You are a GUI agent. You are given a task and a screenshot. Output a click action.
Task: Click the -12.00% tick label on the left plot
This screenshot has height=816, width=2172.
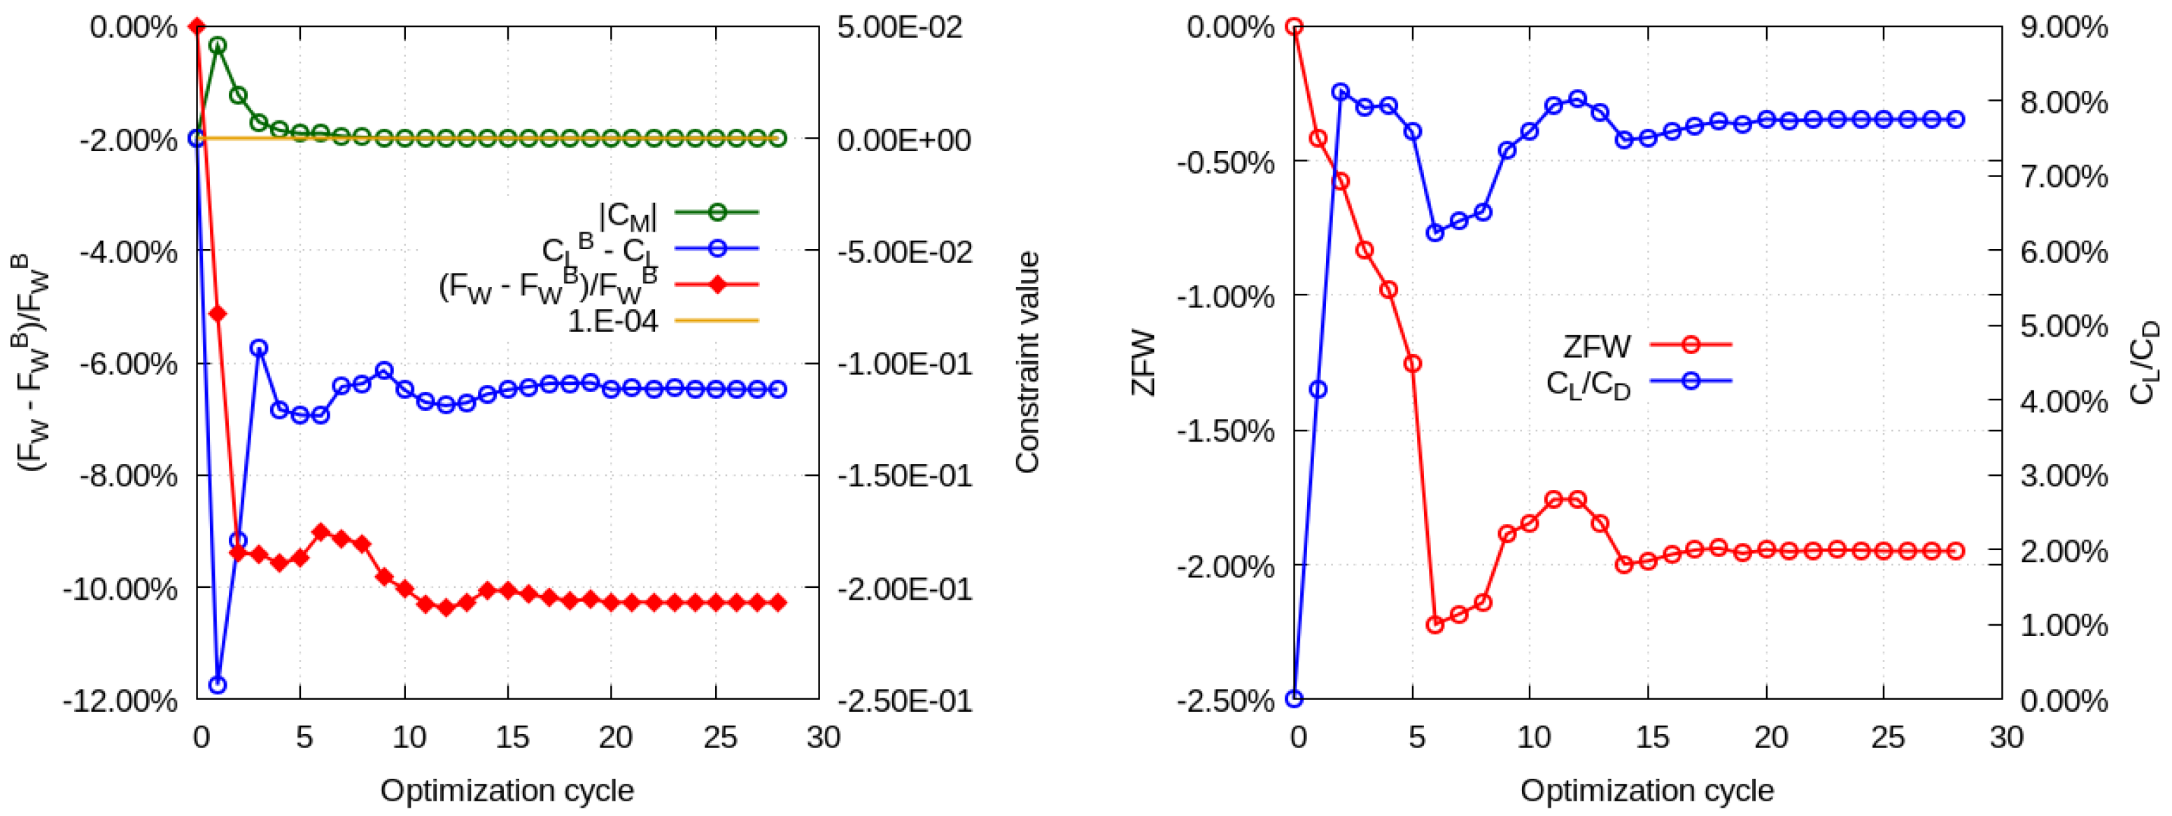pyautogui.click(x=120, y=701)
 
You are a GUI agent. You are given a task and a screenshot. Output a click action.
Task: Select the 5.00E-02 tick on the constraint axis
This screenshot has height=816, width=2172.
pyautogui.click(x=898, y=27)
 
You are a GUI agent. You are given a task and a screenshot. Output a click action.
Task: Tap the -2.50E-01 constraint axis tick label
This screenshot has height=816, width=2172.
pyautogui.click(x=904, y=701)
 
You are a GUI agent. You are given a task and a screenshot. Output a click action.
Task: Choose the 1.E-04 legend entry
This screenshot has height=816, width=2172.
pyautogui.click(x=613, y=321)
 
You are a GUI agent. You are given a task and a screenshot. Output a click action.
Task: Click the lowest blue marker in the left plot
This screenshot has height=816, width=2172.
pyautogui.click(x=218, y=684)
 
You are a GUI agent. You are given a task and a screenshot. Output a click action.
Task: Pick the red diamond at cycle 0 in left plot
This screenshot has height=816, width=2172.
pyautogui.click(x=197, y=27)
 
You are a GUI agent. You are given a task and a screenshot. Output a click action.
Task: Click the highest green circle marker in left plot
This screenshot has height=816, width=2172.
pyautogui.click(x=218, y=45)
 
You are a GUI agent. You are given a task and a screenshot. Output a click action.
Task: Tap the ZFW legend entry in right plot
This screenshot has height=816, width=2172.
pyautogui.click(x=1596, y=346)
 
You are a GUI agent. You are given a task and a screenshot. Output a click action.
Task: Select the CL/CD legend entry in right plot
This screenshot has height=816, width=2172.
pyautogui.click(x=1588, y=384)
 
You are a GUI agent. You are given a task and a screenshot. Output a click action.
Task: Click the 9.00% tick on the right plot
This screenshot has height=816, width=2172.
pyautogui.click(x=2062, y=27)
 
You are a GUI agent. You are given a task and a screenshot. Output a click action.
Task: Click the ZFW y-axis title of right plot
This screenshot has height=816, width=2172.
pyautogui.click(x=1143, y=363)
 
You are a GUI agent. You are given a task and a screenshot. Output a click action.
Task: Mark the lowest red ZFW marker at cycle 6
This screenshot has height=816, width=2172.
pyautogui.click(x=1435, y=625)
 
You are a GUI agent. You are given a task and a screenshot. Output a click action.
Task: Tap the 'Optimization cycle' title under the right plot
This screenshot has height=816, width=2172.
pyautogui.click(x=1646, y=790)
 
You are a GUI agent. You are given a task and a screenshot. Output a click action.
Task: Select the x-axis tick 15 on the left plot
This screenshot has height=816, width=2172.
pyautogui.click(x=511, y=738)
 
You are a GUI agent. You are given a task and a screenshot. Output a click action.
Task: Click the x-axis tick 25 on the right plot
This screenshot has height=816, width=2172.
pyautogui.click(x=1887, y=738)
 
